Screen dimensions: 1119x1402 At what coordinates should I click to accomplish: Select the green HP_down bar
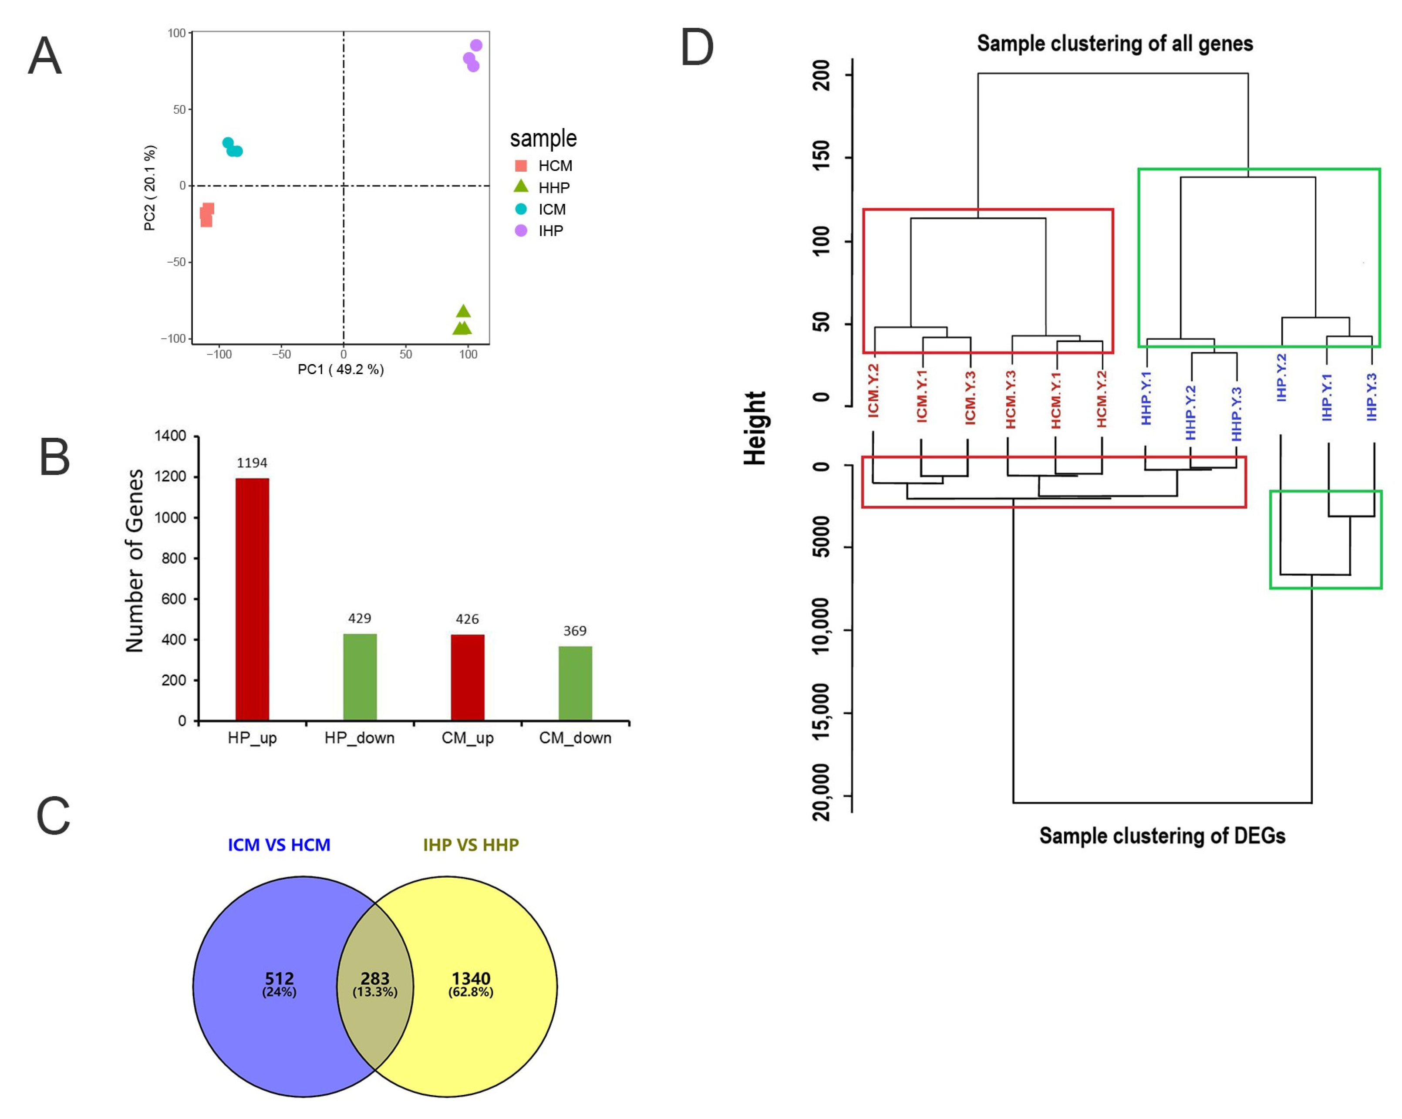[360, 676]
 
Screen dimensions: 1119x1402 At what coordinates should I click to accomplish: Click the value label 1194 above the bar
[252, 463]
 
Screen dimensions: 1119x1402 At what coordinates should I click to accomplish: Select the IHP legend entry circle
[521, 230]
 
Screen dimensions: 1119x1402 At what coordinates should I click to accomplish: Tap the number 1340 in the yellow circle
[471, 978]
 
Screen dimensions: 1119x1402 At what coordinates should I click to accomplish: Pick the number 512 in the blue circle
[279, 978]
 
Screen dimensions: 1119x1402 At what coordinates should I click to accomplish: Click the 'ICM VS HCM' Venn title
[279, 845]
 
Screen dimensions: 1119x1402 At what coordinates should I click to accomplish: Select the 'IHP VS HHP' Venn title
[471, 845]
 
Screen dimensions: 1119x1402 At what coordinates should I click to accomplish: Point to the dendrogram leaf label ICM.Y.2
[873, 390]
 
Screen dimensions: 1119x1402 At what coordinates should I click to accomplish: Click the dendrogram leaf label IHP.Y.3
[1372, 397]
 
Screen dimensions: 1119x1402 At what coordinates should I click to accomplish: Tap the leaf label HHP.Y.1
[1146, 398]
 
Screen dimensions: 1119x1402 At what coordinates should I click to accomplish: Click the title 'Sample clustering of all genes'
[1115, 44]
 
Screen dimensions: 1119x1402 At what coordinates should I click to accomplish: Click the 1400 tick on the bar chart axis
[170, 436]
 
